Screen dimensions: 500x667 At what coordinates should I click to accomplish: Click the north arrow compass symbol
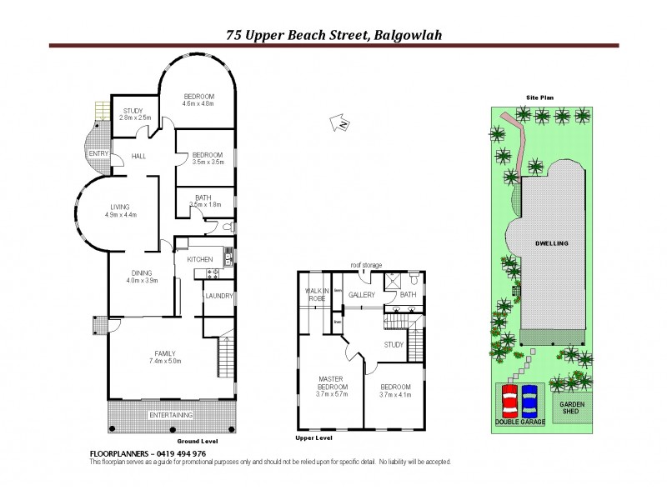tap(340, 124)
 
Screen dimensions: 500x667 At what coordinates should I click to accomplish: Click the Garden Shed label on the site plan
tap(572, 407)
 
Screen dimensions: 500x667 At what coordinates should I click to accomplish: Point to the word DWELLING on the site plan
tap(551, 243)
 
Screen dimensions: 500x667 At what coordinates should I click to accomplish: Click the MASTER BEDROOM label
tap(333, 383)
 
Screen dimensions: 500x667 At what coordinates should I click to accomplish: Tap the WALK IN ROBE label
tap(313, 294)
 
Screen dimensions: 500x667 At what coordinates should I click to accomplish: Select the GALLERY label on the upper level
tap(361, 295)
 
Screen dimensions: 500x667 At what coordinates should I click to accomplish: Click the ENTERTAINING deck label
tap(170, 414)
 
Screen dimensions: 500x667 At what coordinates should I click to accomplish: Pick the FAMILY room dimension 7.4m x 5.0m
tap(164, 361)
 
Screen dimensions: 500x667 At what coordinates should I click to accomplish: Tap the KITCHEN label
tap(200, 260)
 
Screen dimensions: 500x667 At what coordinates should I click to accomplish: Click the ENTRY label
tap(98, 153)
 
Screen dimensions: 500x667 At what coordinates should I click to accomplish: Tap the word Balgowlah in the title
tap(408, 35)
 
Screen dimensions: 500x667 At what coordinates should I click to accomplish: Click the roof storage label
tap(366, 265)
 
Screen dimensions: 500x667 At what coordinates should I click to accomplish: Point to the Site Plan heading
tap(539, 97)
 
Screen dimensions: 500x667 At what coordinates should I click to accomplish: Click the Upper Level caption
tap(314, 437)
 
